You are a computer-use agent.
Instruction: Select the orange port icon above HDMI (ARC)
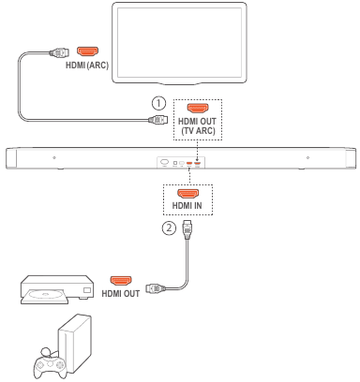coord(87,51)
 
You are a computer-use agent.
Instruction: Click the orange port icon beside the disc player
coord(122,279)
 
